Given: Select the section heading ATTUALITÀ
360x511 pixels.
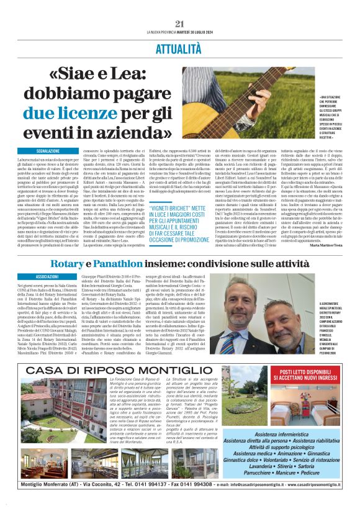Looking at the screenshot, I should pos(179,47).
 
